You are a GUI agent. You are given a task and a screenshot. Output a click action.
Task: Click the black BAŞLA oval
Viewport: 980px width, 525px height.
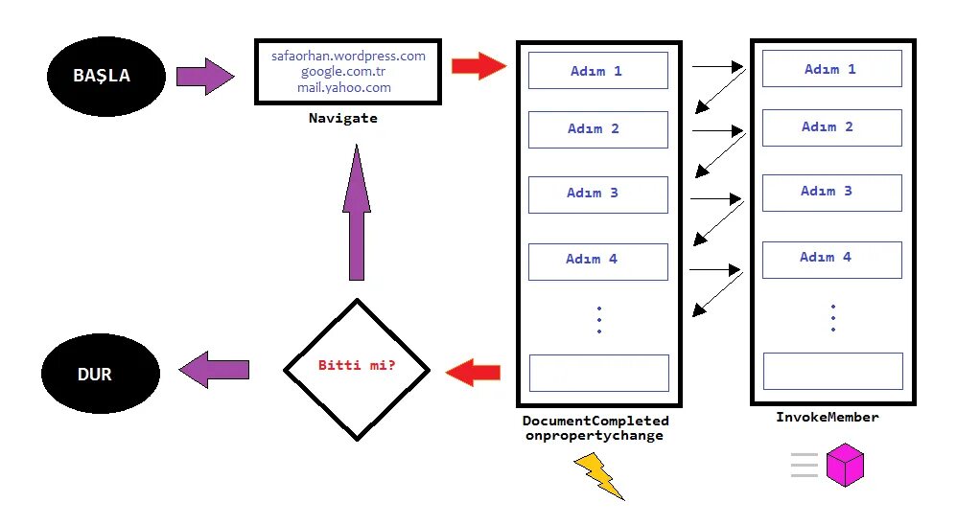(103, 76)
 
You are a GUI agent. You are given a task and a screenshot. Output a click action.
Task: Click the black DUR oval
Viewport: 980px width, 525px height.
(95, 374)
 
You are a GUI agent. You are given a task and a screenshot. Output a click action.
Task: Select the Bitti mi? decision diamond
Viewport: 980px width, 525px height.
(357, 369)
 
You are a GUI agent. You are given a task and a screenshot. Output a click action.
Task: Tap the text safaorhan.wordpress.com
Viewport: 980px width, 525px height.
(348, 56)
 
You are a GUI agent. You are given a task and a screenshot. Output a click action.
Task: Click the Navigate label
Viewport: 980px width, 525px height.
(343, 119)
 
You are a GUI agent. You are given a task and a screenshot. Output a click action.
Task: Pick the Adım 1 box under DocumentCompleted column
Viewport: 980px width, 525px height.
(597, 71)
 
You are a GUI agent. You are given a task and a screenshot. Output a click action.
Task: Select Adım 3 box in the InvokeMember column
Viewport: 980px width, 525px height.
(831, 192)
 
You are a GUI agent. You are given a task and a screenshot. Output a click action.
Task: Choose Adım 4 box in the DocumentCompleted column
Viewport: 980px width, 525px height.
(597, 260)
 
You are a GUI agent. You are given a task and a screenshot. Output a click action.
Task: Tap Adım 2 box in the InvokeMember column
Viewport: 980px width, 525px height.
(831, 127)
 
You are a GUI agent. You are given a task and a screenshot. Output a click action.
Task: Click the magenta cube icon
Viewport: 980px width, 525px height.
(847, 466)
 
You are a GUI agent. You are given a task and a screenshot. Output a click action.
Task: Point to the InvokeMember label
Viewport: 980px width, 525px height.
(827, 418)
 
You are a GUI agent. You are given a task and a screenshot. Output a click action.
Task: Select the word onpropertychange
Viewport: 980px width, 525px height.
(594, 435)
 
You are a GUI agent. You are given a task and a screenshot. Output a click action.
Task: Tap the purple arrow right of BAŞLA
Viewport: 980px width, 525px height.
(205, 76)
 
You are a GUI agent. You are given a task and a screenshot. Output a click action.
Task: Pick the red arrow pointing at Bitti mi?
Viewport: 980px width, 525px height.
(475, 370)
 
